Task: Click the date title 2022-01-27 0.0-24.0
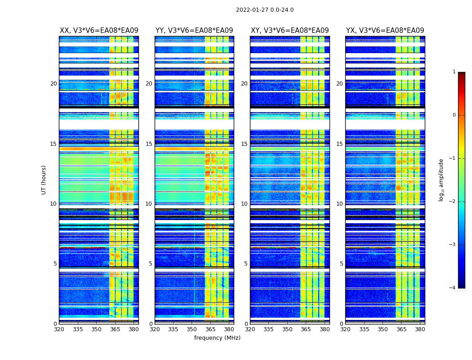click(x=265, y=10)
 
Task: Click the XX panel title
click(x=99, y=31)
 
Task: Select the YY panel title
click(x=194, y=31)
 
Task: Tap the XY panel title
click(x=289, y=31)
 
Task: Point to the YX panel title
click(x=385, y=31)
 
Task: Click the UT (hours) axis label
click(x=44, y=180)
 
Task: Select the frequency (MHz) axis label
click(x=217, y=338)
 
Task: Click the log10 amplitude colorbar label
click(x=441, y=180)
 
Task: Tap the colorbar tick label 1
click(x=454, y=72)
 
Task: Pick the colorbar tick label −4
click(x=453, y=288)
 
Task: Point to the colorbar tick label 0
click(x=454, y=115)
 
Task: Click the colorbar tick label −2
click(x=453, y=202)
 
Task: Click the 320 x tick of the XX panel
click(x=59, y=329)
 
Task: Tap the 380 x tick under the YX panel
click(x=420, y=329)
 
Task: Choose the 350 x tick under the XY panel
click(x=287, y=329)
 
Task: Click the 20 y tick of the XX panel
click(x=53, y=84)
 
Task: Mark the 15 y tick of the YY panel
click(x=149, y=144)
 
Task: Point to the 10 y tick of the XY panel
click(x=244, y=204)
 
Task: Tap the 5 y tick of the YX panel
click(x=341, y=264)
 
